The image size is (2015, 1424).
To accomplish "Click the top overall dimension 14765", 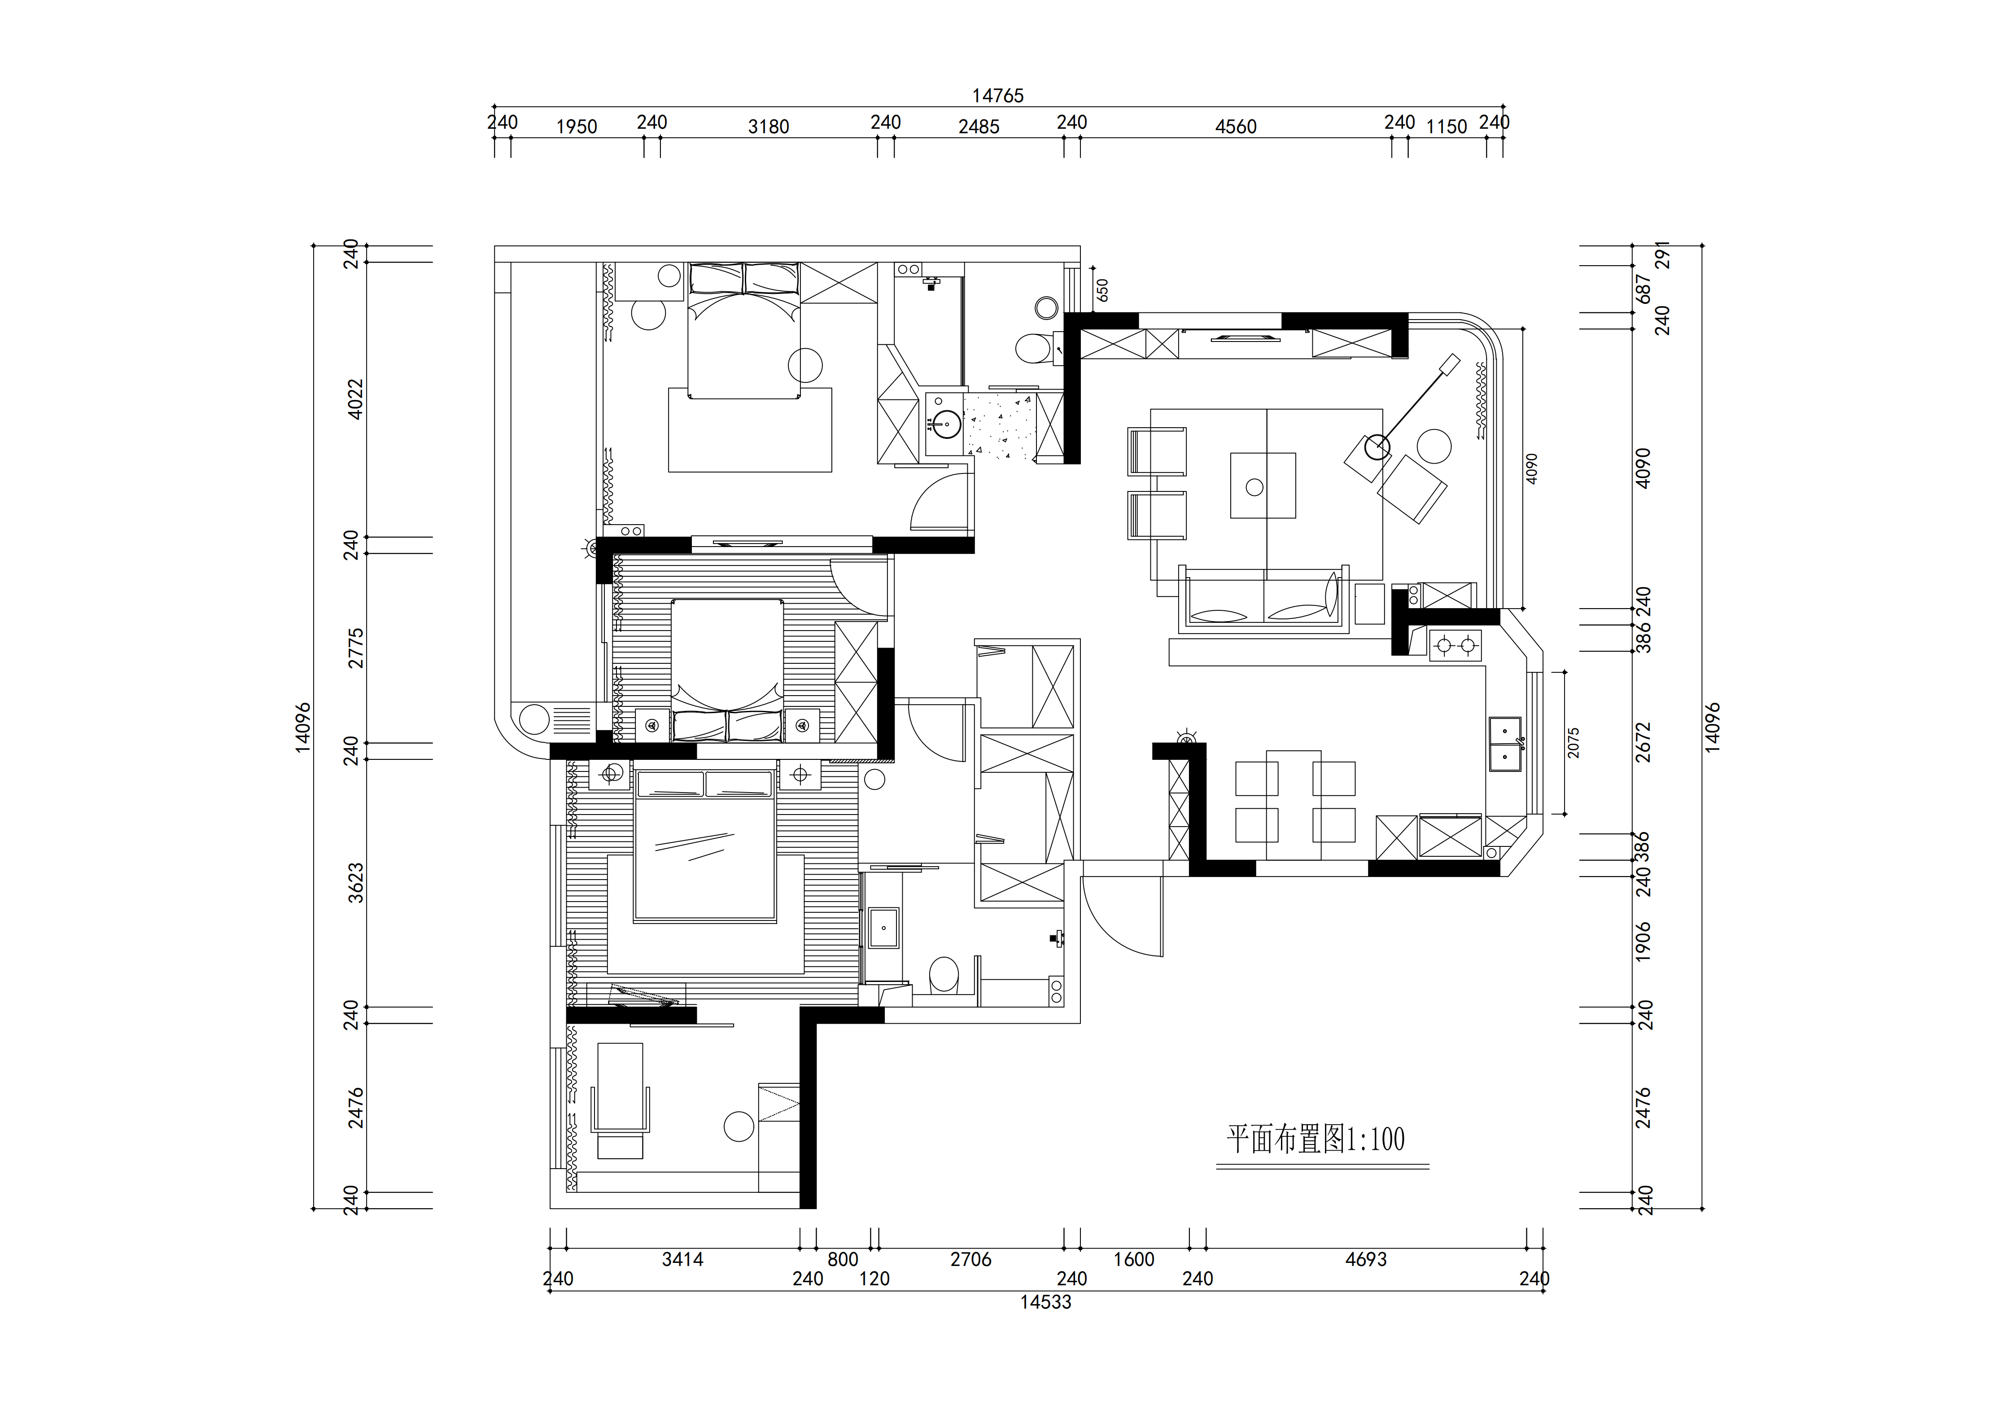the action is click(998, 96).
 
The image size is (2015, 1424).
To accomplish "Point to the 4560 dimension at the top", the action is click(1236, 127).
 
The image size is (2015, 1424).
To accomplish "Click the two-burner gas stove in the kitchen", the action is click(1455, 646).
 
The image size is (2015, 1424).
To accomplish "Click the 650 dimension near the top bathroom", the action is click(1102, 291).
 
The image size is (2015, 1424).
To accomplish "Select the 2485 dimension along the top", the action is click(979, 127).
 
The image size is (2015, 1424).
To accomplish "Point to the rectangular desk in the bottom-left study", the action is click(620, 1087).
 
